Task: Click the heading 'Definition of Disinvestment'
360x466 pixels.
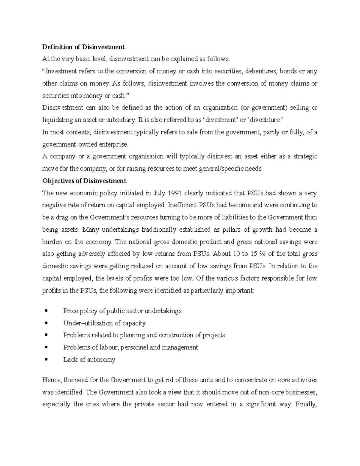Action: point(83,47)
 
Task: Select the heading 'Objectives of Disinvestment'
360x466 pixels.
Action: point(84,181)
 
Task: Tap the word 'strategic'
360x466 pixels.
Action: point(305,156)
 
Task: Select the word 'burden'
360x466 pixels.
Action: point(52,242)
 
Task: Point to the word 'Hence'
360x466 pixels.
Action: point(52,380)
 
